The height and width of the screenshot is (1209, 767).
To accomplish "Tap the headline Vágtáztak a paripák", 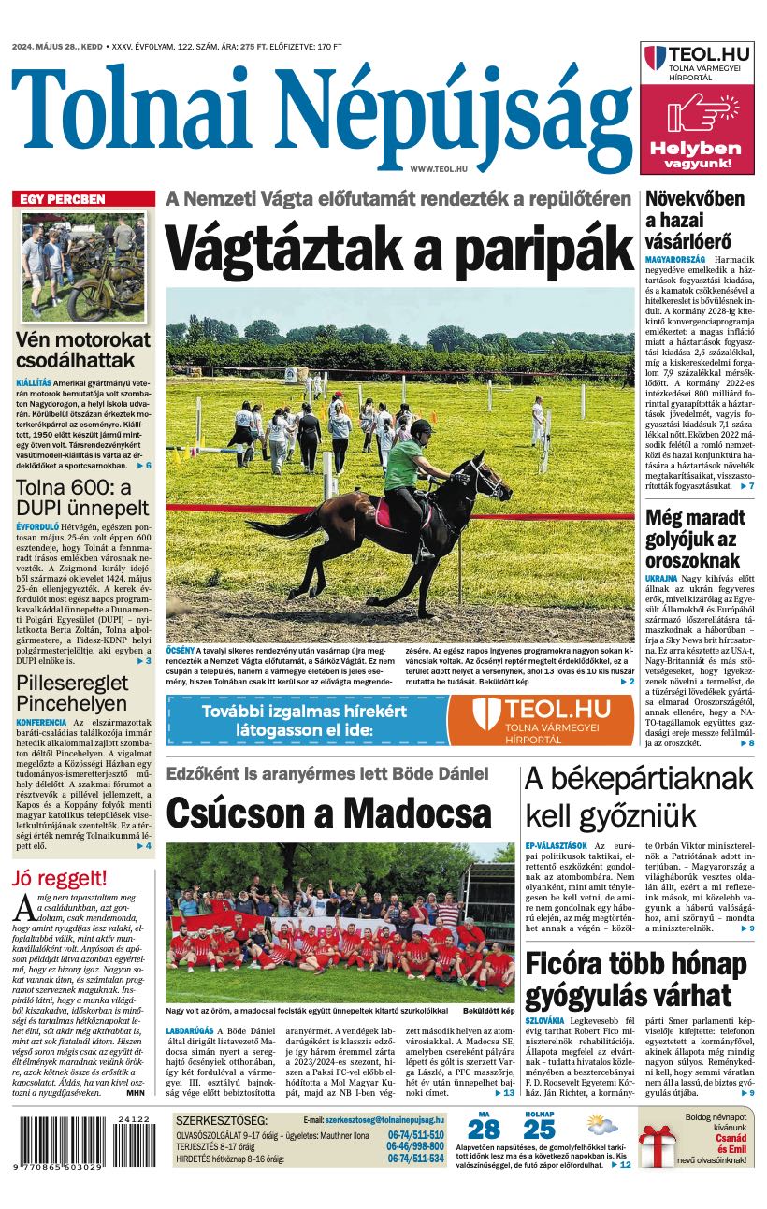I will [x=399, y=248].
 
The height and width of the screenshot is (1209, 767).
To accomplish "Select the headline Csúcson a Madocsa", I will [x=328, y=813].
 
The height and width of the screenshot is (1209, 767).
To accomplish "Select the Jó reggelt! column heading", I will [x=60, y=878].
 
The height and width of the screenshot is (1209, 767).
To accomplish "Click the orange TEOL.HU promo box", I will [x=540, y=720].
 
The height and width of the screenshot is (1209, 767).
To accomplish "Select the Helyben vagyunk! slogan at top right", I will [x=696, y=154].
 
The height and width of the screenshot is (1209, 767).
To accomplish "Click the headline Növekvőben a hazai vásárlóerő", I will [x=694, y=221].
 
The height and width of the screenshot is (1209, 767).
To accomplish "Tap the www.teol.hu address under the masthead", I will [x=438, y=167].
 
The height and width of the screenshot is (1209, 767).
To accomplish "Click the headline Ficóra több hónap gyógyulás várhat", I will [x=640, y=980].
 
